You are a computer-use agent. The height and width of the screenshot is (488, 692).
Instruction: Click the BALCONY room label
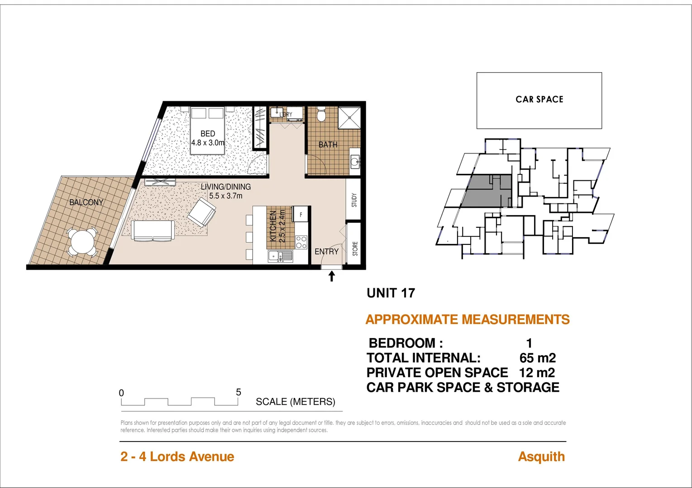[86, 202]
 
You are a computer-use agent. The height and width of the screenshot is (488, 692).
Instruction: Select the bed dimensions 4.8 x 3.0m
[208, 143]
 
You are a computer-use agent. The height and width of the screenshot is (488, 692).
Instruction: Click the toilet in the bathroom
[321, 115]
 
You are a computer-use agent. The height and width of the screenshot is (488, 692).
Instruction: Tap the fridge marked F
[301, 214]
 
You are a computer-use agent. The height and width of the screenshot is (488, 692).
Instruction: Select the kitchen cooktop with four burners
[301, 242]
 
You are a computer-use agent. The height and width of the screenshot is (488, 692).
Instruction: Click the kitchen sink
[281, 257]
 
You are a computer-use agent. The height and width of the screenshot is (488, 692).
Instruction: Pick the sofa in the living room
[153, 230]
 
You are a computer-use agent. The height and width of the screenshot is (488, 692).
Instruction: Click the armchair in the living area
[202, 212]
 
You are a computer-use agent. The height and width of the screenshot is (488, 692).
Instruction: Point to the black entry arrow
[332, 276]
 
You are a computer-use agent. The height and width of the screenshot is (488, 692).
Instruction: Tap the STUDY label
[354, 200]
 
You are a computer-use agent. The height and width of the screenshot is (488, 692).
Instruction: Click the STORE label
[355, 249]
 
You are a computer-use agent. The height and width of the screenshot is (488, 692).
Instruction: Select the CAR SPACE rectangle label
[539, 99]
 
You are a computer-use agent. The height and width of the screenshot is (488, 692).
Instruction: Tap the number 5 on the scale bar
[239, 392]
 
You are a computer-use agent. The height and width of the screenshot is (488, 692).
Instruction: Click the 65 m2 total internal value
[537, 358]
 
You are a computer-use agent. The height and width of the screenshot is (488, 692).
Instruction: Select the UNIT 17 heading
[391, 293]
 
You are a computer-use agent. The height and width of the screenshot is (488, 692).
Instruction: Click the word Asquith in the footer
[541, 457]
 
